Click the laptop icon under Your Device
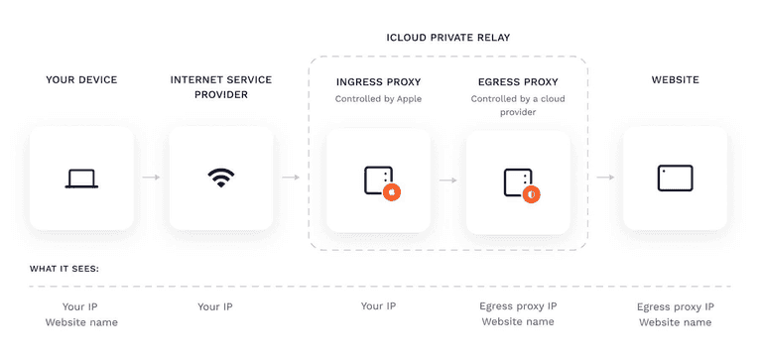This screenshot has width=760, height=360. click(x=81, y=179)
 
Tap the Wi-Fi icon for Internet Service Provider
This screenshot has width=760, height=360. click(x=220, y=179)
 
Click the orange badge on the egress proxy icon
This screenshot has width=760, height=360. click(x=532, y=194)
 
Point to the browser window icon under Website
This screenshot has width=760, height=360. click(x=675, y=179)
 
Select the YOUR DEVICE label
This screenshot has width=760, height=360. click(x=81, y=79)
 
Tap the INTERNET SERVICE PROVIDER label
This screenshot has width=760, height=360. click(x=220, y=86)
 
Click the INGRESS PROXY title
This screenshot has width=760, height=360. click(x=378, y=80)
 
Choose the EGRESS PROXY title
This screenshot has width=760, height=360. click(x=517, y=80)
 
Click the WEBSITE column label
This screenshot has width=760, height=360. click(x=675, y=79)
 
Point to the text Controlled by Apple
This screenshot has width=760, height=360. click(x=378, y=99)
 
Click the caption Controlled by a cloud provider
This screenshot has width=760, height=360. click(x=517, y=105)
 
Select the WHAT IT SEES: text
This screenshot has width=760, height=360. click(x=63, y=268)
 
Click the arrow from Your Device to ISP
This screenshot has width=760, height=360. click(x=151, y=179)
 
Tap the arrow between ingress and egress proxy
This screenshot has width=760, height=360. click(x=447, y=180)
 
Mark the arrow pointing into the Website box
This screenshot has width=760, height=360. click(x=604, y=179)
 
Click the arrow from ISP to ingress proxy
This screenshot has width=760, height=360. click(x=291, y=179)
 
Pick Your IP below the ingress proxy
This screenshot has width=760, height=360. click(x=378, y=306)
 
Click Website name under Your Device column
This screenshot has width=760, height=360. click(x=81, y=322)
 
